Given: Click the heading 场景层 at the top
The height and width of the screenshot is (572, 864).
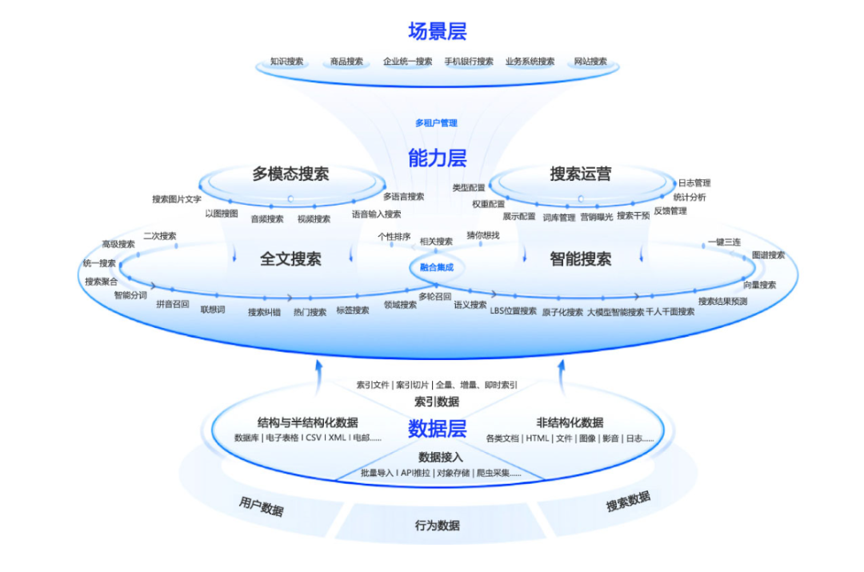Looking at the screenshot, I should (437, 31).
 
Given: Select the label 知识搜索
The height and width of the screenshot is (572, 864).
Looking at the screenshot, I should (286, 62).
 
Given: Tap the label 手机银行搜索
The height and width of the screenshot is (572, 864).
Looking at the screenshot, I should (469, 62).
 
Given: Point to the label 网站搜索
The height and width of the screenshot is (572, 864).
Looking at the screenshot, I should (590, 62).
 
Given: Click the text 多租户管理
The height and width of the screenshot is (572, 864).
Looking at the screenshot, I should (436, 123).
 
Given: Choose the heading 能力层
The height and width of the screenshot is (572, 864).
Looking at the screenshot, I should (437, 158).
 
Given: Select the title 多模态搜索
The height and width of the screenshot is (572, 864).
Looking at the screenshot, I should (290, 174).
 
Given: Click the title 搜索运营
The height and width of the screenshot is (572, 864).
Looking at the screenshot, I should (580, 174).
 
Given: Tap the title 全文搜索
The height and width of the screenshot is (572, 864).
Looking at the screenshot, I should (290, 259).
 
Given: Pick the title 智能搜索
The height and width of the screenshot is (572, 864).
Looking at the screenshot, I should (580, 259).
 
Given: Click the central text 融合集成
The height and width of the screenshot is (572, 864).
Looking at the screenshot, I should (436, 267).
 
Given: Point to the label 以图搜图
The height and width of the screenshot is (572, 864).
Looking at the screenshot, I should (222, 214).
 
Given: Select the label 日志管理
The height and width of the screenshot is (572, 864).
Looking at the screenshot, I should (694, 183).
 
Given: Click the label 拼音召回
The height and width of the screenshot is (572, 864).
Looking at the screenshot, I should (173, 304).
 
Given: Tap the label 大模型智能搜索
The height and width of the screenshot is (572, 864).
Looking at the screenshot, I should (615, 312).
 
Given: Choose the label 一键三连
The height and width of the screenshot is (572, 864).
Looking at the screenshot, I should (724, 242).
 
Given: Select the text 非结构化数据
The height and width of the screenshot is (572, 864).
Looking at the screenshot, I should (570, 422).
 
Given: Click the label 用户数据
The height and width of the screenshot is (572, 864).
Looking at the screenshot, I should (261, 506).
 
